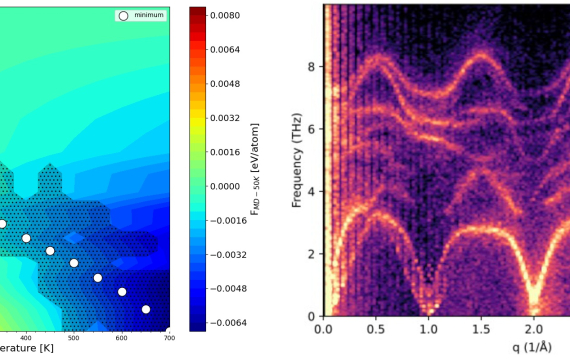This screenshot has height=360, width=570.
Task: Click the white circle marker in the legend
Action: point(124,17)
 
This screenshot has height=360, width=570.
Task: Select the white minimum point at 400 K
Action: point(26,238)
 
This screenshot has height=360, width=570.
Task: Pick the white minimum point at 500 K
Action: point(74,264)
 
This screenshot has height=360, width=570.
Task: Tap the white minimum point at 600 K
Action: point(122,292)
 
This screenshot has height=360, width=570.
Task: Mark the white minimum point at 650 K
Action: point(146,309)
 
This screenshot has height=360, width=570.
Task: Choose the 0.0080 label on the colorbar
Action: point(228,17)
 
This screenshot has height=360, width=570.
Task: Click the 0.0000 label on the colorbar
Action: point(228,186)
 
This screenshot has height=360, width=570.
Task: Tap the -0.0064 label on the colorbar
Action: point(226,322)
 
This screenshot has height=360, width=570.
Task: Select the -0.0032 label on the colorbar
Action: point(226,254)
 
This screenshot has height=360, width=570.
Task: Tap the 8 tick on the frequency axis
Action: point(312,68)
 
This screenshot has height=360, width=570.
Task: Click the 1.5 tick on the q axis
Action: point(482,329)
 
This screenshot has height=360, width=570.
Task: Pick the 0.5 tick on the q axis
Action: point(376,329)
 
